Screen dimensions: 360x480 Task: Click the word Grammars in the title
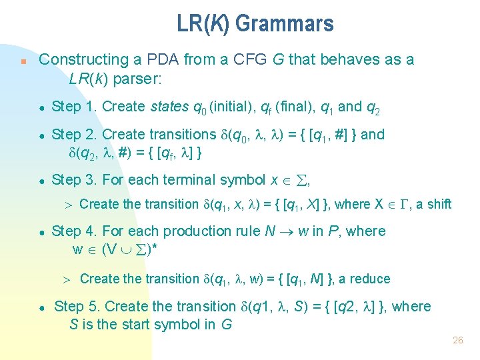[x=284, y=25]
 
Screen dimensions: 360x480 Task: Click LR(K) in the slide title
[x=203, y=25]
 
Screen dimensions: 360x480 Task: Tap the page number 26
[x=457, y=340]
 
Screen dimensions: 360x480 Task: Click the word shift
[x=439, y=204]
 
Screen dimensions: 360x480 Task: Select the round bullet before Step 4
[x=41, y=233]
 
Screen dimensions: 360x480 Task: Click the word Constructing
[x=82, y=60]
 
